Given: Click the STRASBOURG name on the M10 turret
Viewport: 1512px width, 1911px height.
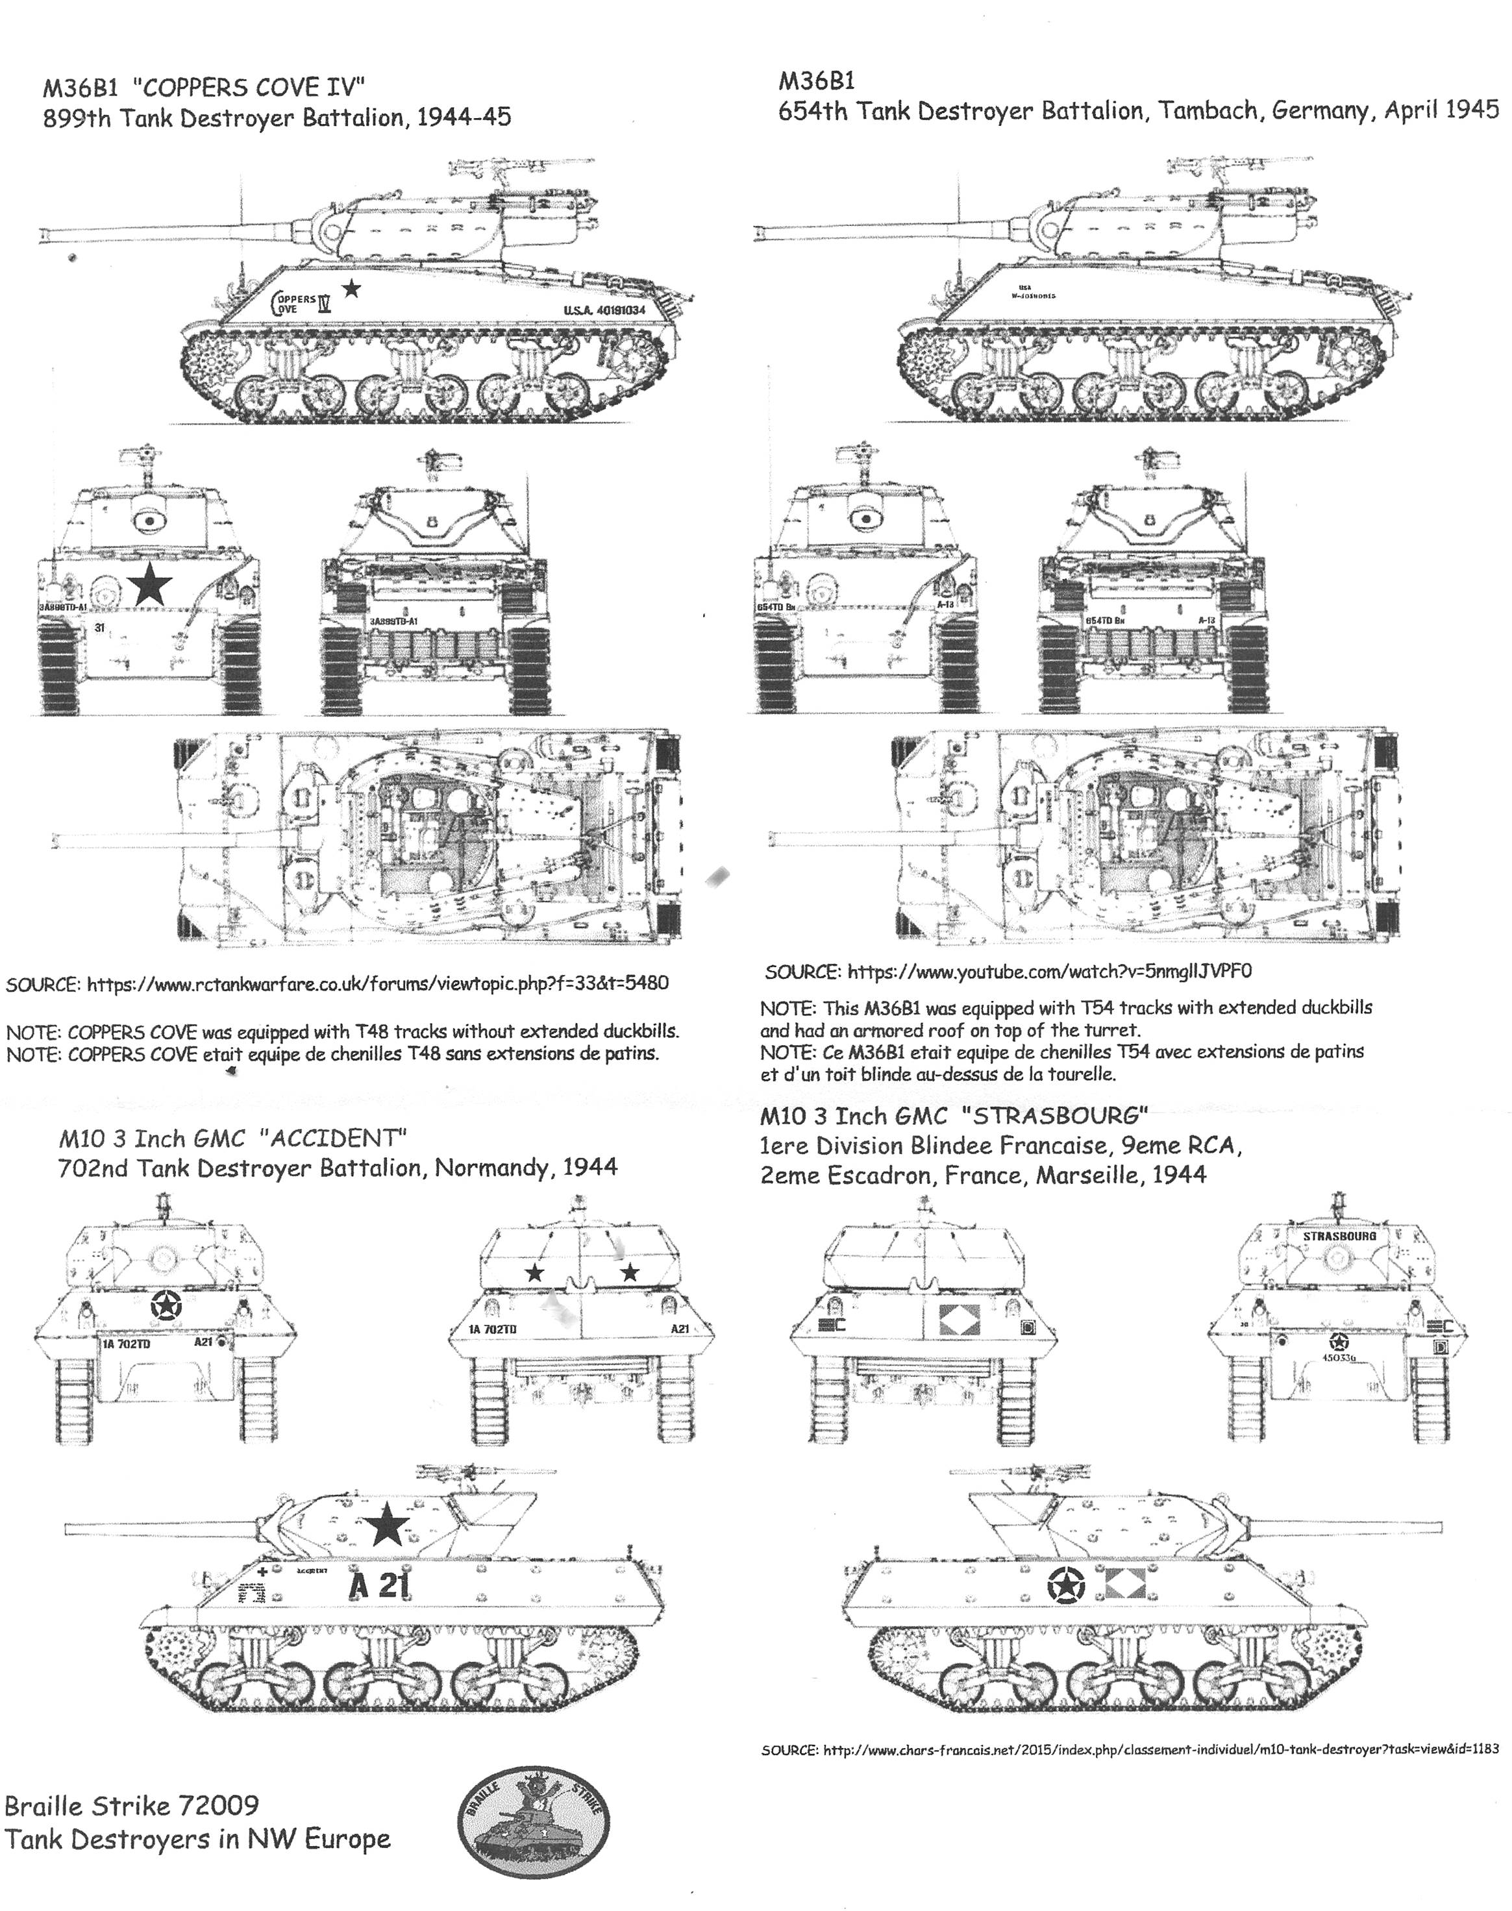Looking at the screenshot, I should pos(1339,1235).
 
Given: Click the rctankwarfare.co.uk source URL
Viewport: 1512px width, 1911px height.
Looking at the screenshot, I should pos(377,983).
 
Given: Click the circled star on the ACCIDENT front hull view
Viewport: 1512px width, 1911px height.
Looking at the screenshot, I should pos(166,1305).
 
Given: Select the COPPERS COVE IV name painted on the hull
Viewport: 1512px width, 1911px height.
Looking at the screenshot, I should pos(303,302).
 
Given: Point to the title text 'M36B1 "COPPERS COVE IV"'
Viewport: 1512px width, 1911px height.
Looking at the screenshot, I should pos(204,87).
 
